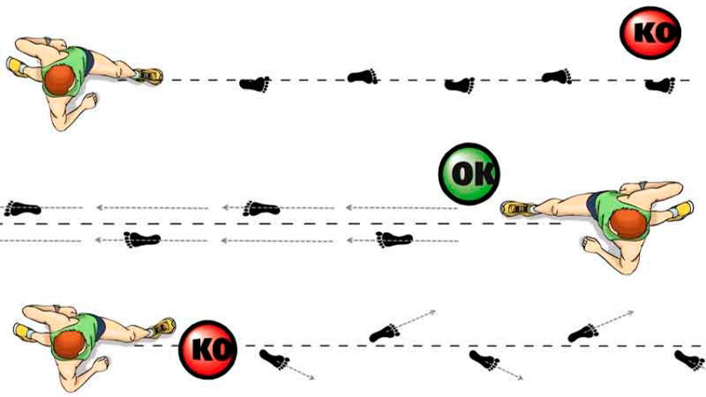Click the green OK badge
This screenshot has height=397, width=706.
(469, 173)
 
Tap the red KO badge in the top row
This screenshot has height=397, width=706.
(650, 33)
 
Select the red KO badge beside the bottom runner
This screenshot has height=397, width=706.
(207, 349)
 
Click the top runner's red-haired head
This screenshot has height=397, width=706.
(60, 80)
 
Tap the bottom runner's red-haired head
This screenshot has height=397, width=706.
(69, 344)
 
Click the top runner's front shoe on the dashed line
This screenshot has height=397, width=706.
(148, 76)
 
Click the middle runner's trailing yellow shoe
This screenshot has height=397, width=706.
(682, 210)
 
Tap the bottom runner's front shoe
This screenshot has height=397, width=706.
(162, 326)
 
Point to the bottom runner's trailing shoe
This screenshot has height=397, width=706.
(24, 332)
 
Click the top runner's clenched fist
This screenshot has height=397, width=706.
(89, 101)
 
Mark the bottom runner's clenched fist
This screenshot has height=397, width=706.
(100, 363)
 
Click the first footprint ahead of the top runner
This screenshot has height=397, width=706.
(255, 84)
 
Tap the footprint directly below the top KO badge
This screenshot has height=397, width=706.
(660, 85)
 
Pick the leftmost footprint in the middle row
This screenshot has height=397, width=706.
(23, 208)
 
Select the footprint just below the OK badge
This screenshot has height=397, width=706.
(394, 239)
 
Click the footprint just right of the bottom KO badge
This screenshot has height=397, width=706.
(274, 360)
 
